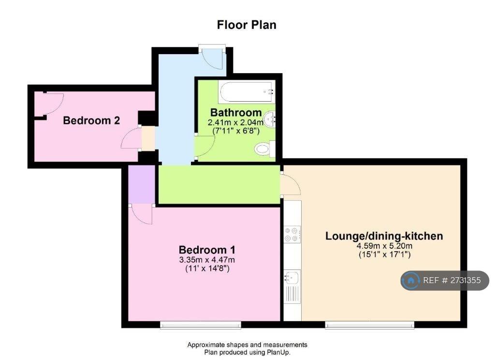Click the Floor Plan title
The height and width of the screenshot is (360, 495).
(247, 25)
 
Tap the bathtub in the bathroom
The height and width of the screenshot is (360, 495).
(246, 91)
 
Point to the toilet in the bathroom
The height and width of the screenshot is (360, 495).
(265, 149)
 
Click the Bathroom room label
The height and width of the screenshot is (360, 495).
(236, 113)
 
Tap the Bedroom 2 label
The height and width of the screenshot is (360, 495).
(91, 120)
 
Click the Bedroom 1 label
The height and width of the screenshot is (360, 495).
(207, 250)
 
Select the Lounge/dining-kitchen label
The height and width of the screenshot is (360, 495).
(384, 236)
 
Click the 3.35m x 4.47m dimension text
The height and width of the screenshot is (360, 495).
(207, 260)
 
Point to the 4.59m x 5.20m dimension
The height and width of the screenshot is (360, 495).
(384, 246)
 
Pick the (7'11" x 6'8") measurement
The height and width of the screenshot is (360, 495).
(236, 131)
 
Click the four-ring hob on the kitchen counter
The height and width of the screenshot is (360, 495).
(292, 234)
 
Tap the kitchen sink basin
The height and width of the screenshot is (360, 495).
(291, 278)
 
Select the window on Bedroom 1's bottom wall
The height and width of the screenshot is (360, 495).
(201, 325)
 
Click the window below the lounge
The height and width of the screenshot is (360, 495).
(369, 325)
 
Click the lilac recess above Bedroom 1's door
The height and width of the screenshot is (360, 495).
(142, 184)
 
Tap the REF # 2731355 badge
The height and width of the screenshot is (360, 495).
(445, 280)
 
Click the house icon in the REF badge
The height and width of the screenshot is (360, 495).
(410, 280)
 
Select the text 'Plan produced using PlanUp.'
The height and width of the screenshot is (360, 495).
(247, 352)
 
